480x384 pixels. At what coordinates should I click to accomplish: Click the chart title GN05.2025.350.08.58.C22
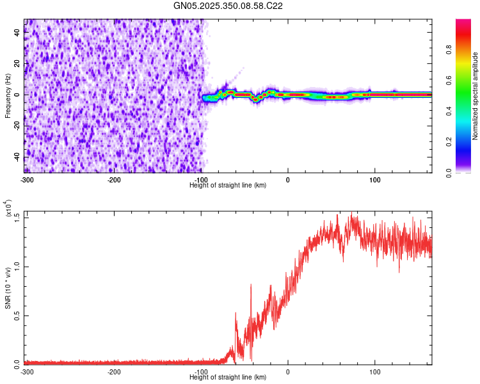coord(228,6)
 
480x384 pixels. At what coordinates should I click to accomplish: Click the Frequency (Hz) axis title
coord(8,96)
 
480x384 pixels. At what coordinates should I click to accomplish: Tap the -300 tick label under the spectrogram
coord(27,179)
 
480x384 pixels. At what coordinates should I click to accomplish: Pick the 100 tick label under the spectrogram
coord(375,179)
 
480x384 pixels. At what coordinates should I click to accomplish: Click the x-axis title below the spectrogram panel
coord(228,186)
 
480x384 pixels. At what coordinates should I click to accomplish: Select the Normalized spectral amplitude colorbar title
coord(476,96)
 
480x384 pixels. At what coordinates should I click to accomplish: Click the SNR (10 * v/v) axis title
coord(8,288)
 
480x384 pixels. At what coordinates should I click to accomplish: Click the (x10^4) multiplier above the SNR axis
coord(8,209)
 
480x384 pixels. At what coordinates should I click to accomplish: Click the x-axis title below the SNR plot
coord(228,378)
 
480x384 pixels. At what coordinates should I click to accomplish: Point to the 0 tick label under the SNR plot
coord(288,371)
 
